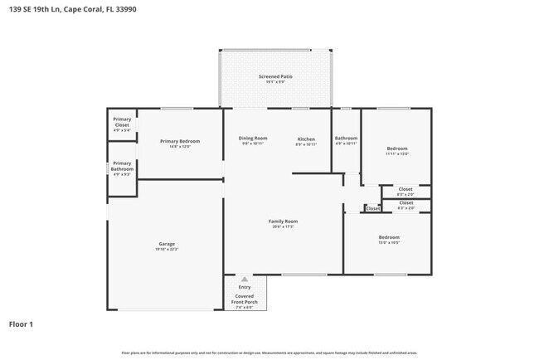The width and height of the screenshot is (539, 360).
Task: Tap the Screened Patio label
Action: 275,76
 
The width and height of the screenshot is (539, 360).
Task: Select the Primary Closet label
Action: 122,123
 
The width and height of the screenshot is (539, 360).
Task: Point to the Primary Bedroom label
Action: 180,141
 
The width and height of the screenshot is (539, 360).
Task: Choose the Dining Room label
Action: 253,138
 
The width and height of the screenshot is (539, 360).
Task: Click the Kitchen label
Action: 306,138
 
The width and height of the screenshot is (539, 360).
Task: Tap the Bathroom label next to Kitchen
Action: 346,138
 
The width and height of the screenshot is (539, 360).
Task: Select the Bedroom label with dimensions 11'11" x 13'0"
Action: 396,148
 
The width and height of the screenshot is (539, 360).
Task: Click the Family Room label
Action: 283,221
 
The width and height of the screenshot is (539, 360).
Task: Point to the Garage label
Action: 167,244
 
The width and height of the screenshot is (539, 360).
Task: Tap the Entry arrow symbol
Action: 244,280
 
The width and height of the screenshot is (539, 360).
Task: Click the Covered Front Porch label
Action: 244,299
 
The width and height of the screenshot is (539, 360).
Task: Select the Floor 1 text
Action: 21,324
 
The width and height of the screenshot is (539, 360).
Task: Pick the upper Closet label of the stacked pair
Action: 405,189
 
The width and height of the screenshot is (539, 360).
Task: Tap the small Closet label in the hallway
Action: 372,209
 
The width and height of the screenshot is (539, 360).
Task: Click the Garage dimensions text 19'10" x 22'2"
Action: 167,250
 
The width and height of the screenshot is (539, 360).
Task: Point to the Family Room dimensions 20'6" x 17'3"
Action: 283,226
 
